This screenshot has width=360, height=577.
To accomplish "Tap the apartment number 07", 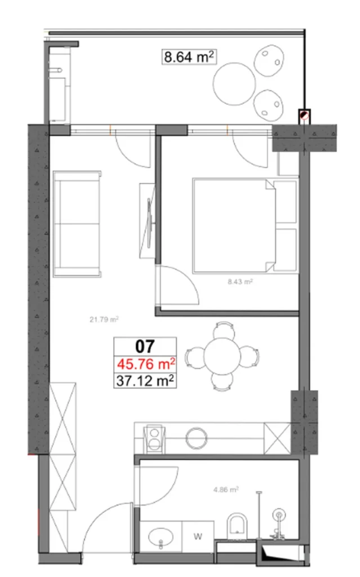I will pyautogui.click(x=145, y=344).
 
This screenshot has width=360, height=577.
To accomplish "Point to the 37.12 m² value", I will pyautogui.click(x=145, y=381).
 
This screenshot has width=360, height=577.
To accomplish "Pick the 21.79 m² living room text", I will pyautogui.click(x=104, y=319).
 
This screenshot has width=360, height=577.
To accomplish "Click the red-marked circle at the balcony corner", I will pyautogui.click(x=304, y=115).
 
